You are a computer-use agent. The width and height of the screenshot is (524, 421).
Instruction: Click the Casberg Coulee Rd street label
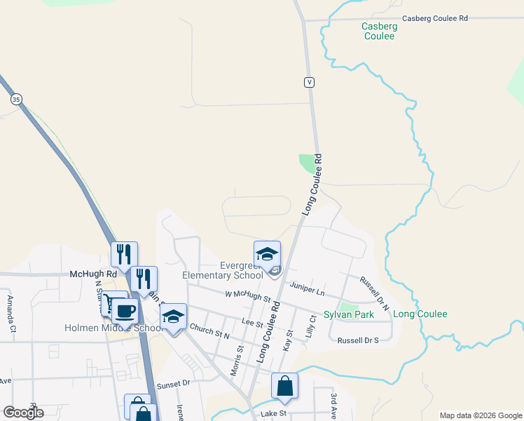(x=434, y=19)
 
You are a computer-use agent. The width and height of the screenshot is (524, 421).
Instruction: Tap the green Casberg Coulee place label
(x=379, y=31)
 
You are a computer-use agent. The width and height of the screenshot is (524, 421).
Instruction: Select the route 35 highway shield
(x=15, y=100)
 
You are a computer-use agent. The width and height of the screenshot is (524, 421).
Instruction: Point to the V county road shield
(x=308, y=82)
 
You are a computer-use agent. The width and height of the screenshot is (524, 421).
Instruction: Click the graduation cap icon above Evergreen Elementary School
(x=267, y=254)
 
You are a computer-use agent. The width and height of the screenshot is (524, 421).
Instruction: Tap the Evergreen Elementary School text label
(x=222, y=270)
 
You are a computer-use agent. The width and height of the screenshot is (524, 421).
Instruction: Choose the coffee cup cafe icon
(x=125, y=310)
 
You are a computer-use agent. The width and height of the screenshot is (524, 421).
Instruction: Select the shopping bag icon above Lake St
(x=284, y=386)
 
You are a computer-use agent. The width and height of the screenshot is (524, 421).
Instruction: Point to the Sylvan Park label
(x=348, y=315)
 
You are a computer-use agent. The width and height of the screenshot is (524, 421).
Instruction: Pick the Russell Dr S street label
(x=357, y=340)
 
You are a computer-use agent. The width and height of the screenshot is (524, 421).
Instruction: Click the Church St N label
(x=209, y=333)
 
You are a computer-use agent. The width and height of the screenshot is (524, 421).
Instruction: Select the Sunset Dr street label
(x=174, y=384)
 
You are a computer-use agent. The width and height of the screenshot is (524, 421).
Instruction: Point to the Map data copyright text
(x=481, y=415)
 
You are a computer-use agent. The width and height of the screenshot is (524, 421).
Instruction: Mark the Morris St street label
(x=240, y=358)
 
